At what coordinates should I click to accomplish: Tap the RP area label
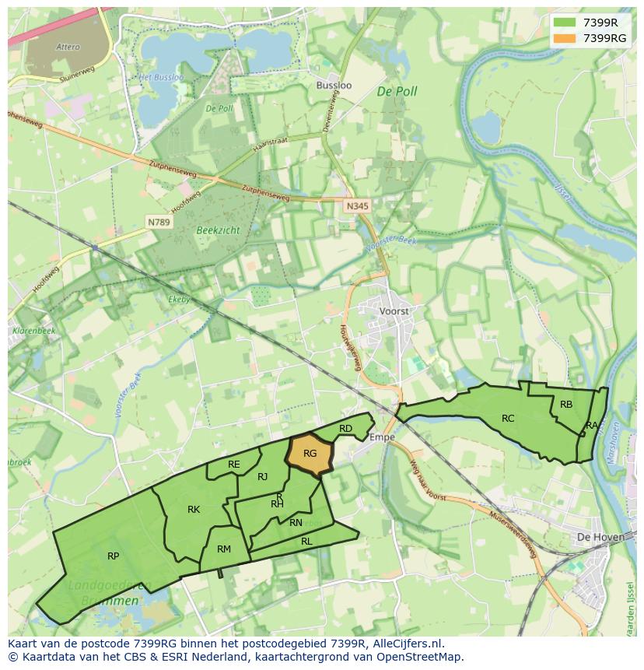tap(114, 556)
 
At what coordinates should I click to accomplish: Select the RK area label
tap(194, 510)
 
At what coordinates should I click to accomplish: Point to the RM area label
tap(224, 549)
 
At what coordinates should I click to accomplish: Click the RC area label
tap(508, 419)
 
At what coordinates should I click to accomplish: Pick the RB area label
tap(566, 405)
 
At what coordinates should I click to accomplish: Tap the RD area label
tap(346, 429)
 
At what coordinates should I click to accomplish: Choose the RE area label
tap(234, 465)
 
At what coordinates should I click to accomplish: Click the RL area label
tap(306, 541)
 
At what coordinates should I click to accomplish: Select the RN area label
tap(296, 523)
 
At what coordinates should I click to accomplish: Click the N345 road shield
tap(357, 206)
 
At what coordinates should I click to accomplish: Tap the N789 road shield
tap(159, 223)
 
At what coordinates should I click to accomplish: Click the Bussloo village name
tap(334, 85)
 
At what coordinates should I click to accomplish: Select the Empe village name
tap(382, 437)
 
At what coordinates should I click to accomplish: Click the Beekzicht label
tap(219, 231)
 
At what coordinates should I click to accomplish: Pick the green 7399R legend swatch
tap(564, 23)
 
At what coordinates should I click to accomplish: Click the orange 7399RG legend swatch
tap(564, 38)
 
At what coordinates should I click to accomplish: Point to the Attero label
tap(68, 47)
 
